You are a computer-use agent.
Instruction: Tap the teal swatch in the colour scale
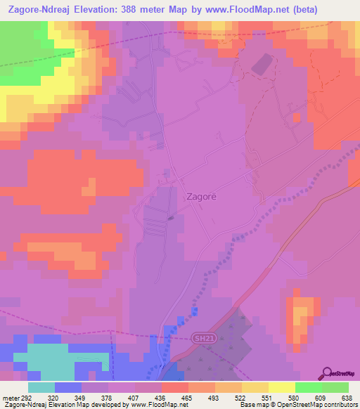coord(41,387)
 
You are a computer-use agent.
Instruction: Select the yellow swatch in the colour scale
coord(281,387)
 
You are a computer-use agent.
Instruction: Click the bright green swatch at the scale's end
coord(335,387)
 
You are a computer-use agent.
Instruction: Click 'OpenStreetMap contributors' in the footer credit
coord(316,405)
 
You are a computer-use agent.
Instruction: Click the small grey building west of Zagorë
coord(172,218)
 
